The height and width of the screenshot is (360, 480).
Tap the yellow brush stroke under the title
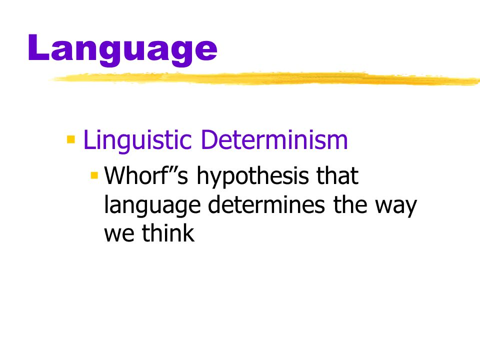click(x=265, y=79)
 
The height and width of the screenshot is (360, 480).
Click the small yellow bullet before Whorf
click(x=94, y=175)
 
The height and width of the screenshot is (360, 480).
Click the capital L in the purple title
click(x=40, y=48)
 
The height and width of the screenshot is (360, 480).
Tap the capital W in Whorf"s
click(x=115, y=177)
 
